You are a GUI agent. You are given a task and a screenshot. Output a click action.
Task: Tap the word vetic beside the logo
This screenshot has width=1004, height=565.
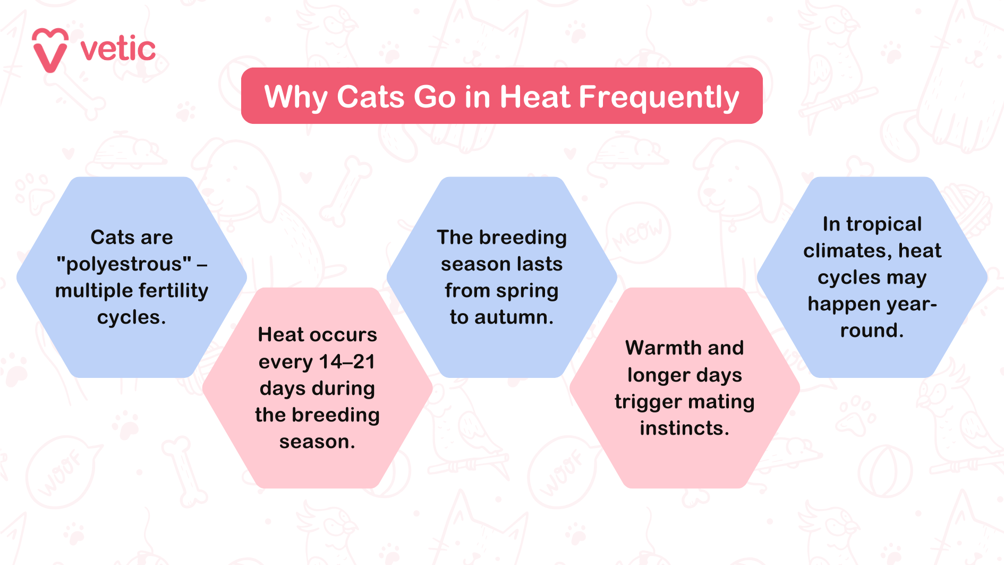[x=118, y=49]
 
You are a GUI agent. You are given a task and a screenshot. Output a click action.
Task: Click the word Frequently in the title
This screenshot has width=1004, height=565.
[x=658, y=97]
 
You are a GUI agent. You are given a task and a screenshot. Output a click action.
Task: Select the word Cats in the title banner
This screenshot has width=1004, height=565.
[x=370, y=97]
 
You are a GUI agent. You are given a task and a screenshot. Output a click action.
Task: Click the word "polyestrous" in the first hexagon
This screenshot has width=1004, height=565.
[x=124, y=264]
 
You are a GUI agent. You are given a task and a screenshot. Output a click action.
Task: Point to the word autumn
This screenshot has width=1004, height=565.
[x=514, y=317]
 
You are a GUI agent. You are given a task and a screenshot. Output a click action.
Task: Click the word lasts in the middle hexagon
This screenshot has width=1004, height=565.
[x=538, y=264]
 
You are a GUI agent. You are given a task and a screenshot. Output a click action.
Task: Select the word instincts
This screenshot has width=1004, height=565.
[x=684, y=428]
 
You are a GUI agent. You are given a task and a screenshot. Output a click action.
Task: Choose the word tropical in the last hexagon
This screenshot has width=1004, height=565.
[x=884, y=224]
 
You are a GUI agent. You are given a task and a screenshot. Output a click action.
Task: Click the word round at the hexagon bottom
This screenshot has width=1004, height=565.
[x=872, y=331]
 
